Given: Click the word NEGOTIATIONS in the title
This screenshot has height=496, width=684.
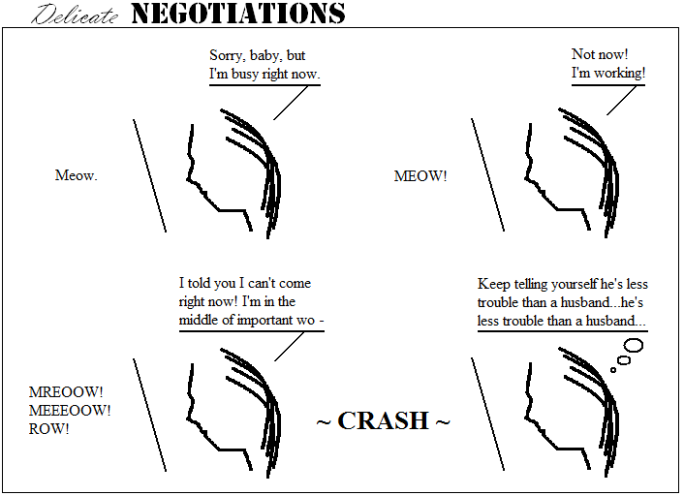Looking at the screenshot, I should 237,14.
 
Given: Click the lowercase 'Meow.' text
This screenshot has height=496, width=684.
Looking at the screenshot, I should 77,175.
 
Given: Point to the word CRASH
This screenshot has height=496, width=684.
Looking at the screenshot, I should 384,421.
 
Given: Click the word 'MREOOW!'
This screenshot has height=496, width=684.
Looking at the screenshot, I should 66,392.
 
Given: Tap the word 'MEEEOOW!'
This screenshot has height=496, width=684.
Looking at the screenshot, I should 70,410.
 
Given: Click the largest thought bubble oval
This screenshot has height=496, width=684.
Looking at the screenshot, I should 634,344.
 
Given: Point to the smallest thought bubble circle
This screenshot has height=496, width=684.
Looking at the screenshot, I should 612,369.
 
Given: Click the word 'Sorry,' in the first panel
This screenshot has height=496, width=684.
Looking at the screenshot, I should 228,55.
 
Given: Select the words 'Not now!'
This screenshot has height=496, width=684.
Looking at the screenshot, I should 598,54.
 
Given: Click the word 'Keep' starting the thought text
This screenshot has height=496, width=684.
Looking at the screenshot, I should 492,284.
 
